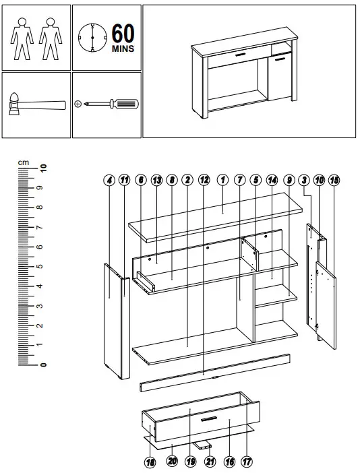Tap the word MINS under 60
click(122, 49)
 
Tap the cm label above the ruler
click(24, 162)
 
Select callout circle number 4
click(109, 180)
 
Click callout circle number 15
click(335, 180)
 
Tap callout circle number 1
click(222, 180)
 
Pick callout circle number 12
click(204, 180)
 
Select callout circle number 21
click(210, 462)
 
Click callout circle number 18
click(150, 462)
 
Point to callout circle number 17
click(247, 462)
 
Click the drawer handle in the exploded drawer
click(208, 419)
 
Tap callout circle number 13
click(156, 180)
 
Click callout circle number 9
click(289, 180)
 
